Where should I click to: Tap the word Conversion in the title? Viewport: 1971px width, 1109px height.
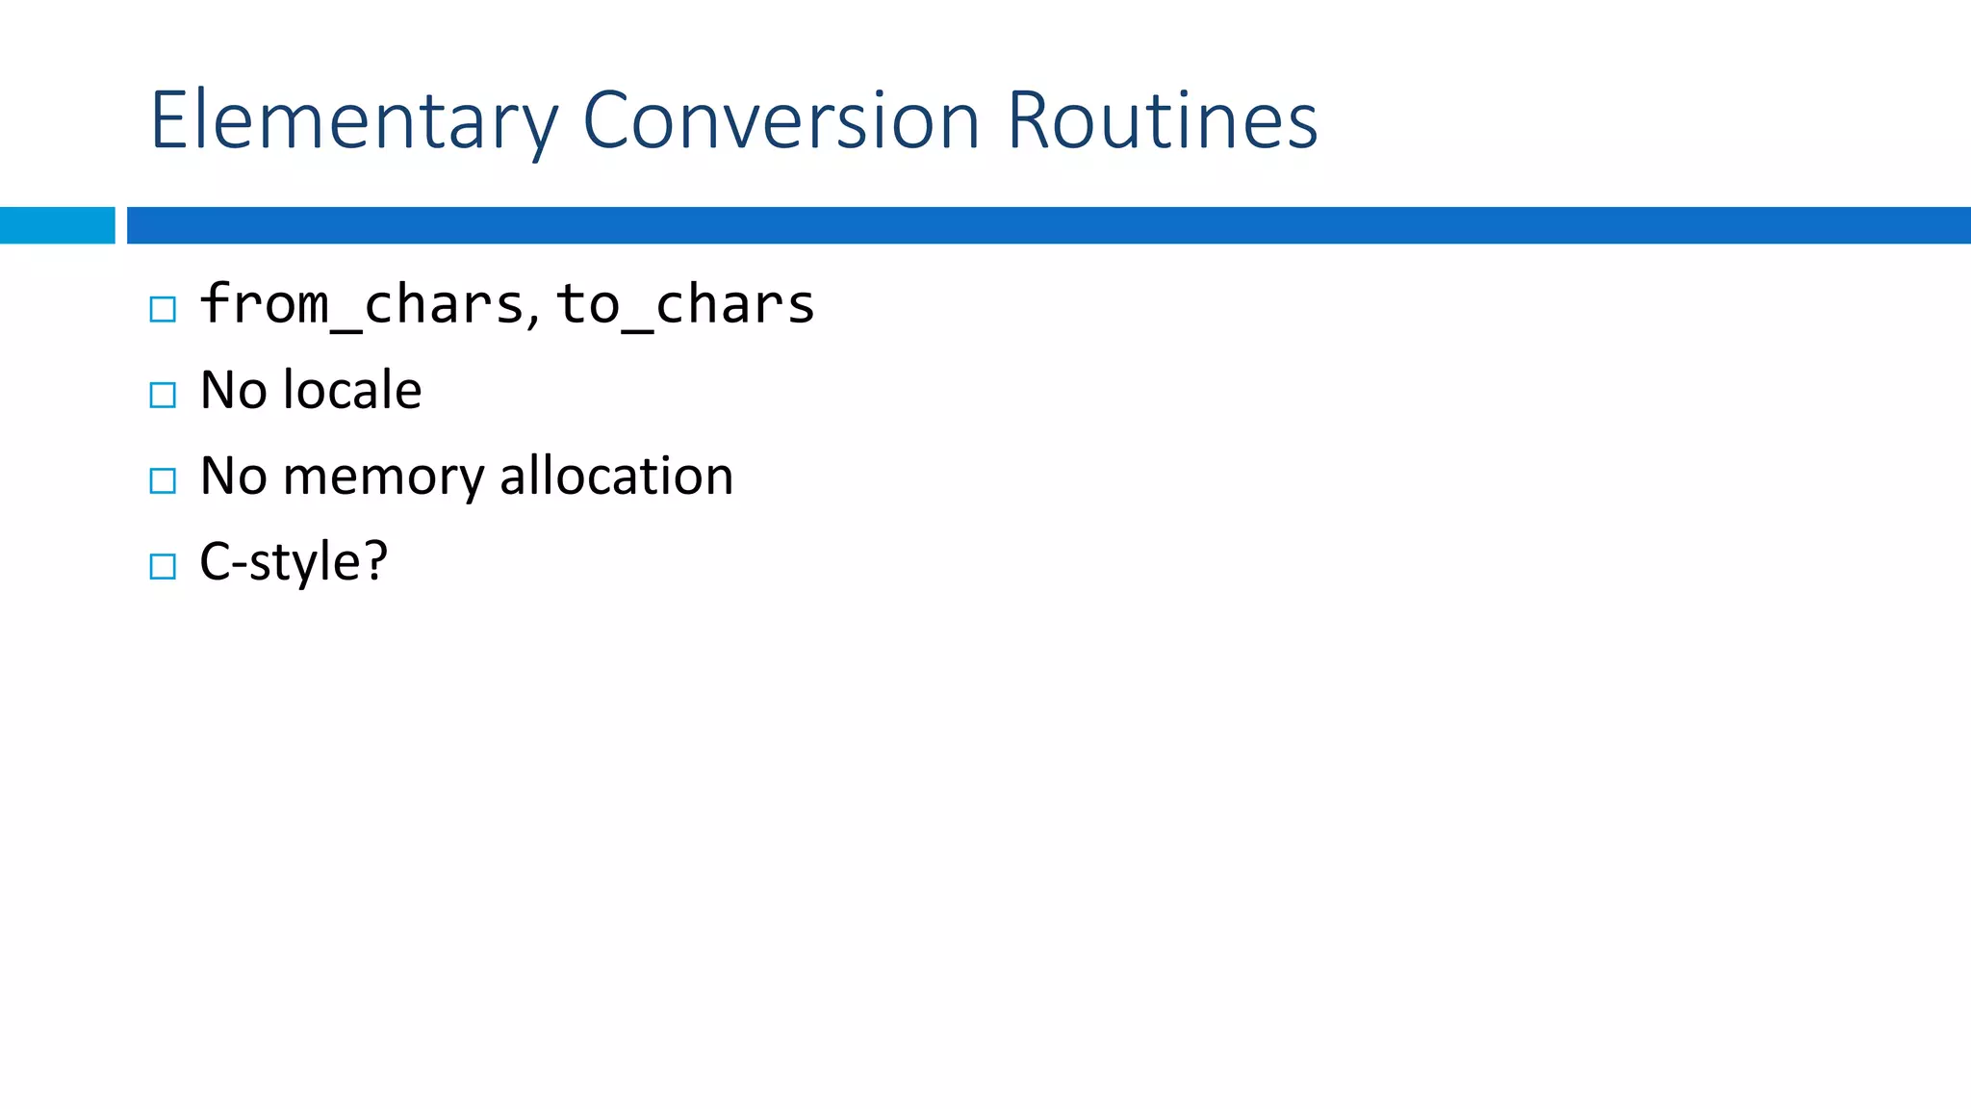pyautogui.click(x=781, y=121)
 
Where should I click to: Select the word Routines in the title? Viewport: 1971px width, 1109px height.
pyautogui.click(x=1162, y=121)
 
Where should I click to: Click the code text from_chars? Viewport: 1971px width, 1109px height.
pyautogui.click(x=362, y=305)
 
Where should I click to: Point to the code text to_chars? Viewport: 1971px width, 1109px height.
pyautogui.click(x=685, y=305)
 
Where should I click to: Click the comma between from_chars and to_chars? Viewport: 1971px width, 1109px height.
pyautogui.click(x=533, y=318)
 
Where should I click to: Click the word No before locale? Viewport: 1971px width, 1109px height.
pyautogui.click(x=233, y=390)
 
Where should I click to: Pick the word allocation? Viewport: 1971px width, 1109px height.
pyautogui.click(x=616, y=476)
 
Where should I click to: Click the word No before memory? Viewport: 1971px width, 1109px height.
pyautogui.click(x=233, y=476)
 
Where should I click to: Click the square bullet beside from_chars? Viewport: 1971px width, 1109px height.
pyautogui.click(x=163, y=309)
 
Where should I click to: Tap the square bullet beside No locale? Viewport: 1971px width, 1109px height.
pyautogui.click(x=163, y=395)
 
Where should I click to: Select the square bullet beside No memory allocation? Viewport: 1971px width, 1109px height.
pyautogui.click(x=163, y=480)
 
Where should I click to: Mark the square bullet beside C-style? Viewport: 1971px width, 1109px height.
pyautogui.click(x=163, y=566)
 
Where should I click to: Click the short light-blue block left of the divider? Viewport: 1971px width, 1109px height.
pyautogui.click(x=57, y=225)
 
